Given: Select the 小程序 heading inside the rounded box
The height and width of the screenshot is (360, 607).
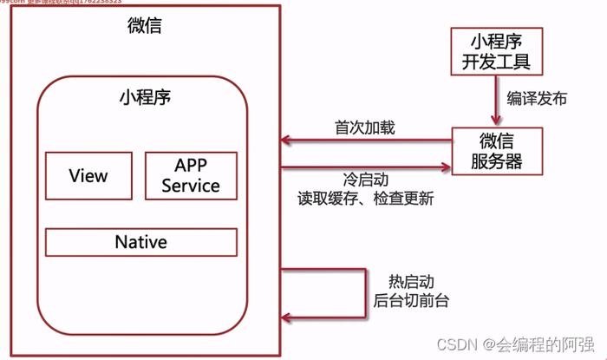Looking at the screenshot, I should [144, 96].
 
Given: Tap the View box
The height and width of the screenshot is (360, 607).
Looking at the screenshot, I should [88, 176].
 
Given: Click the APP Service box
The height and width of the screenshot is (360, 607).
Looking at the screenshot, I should [190, 175].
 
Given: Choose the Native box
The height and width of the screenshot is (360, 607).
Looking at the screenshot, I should [140, 242].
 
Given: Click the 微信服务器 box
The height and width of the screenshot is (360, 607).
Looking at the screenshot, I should [496, 150].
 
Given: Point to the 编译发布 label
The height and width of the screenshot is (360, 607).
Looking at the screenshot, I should [537, 99].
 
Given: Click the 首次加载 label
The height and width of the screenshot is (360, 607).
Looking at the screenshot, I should [364, 128].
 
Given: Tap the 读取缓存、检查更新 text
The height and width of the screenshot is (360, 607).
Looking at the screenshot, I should [364, 198].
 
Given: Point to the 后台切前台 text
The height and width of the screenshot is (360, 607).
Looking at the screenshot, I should [410, 301].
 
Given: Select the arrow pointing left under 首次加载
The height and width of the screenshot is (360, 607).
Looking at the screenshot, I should [364, 141].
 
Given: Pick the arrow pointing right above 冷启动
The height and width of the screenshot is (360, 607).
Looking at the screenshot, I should [364, 167].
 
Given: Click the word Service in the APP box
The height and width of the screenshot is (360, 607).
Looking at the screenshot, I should [190, 185].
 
